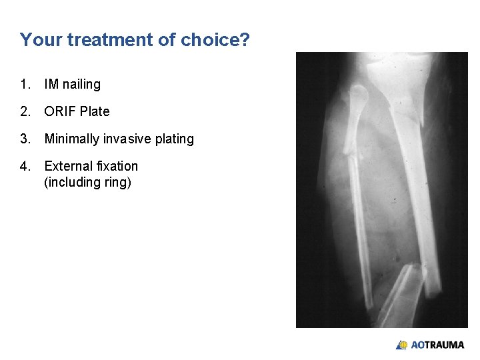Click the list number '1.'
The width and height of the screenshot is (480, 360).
click(x=25, y=84)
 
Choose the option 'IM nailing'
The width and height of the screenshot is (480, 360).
click(x=72, y=84)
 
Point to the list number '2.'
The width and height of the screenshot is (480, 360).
click(x=25, y=111)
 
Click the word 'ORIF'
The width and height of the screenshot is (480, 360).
click(x=60, y=111)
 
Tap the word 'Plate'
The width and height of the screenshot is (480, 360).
click(x=95, y=111)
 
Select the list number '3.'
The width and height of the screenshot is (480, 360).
click(x=25, y=139)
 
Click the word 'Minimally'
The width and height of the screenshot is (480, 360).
click(x=71, y=139)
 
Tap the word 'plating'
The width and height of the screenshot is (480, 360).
click(x=175, y=139)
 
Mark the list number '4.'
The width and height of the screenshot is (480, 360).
click(x=25, y=166)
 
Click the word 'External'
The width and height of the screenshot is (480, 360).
click(x=67, y=166)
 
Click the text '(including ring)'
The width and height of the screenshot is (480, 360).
click(x=87, y=182)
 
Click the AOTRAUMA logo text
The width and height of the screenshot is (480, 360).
click(x=437, y=345)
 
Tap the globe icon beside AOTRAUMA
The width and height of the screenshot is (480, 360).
click(x=402, y=345)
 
